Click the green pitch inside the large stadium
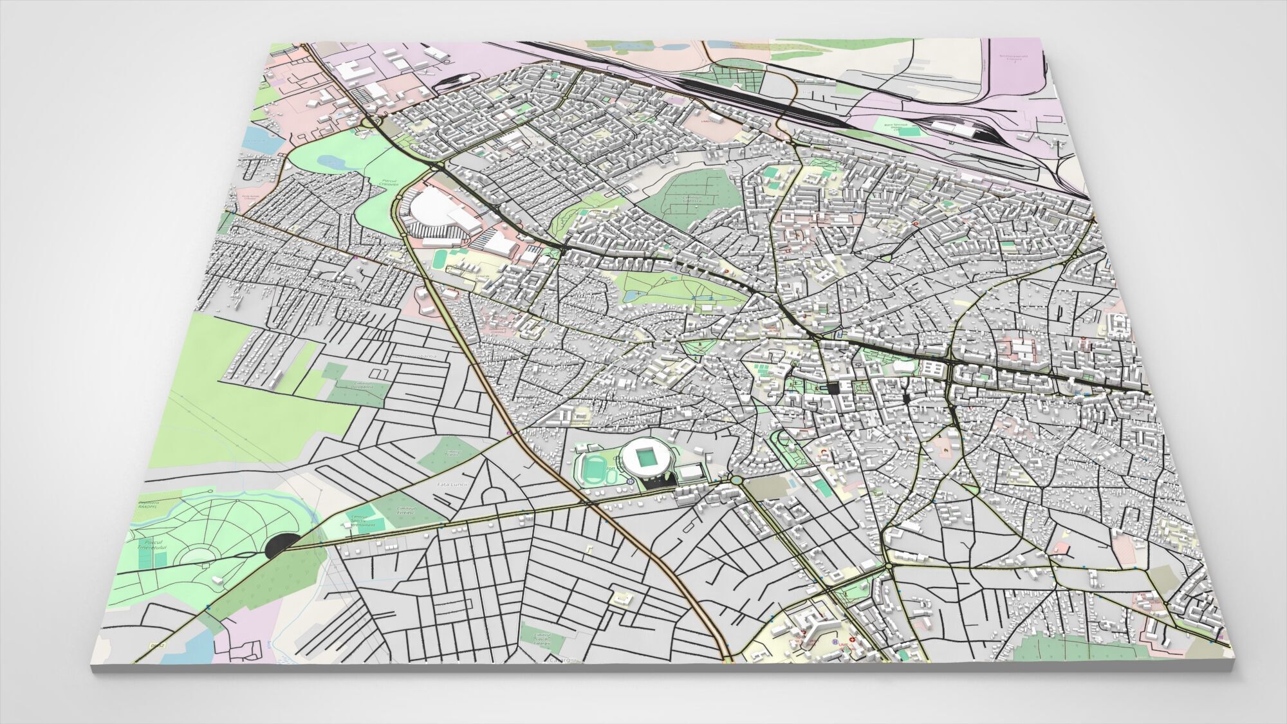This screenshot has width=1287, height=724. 646,458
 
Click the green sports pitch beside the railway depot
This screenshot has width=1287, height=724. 909,132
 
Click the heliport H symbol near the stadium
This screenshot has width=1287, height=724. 628,481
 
